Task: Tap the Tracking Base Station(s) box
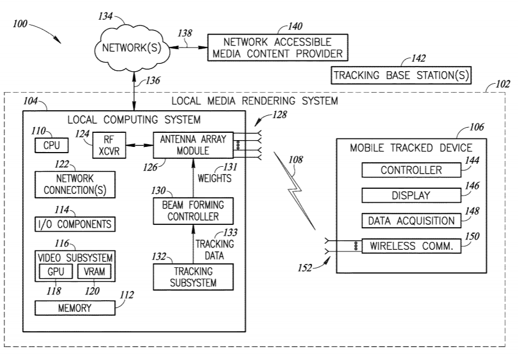click(x=401, y=75)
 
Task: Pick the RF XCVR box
click(x=103, y=146)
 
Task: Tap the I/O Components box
click(x=75, y=223)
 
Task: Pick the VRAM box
click(x=94, y=271)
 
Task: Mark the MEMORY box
click(x=75, y=308)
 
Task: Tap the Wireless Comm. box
click(x=411, y=246)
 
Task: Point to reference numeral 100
click(x=21, y=26)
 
